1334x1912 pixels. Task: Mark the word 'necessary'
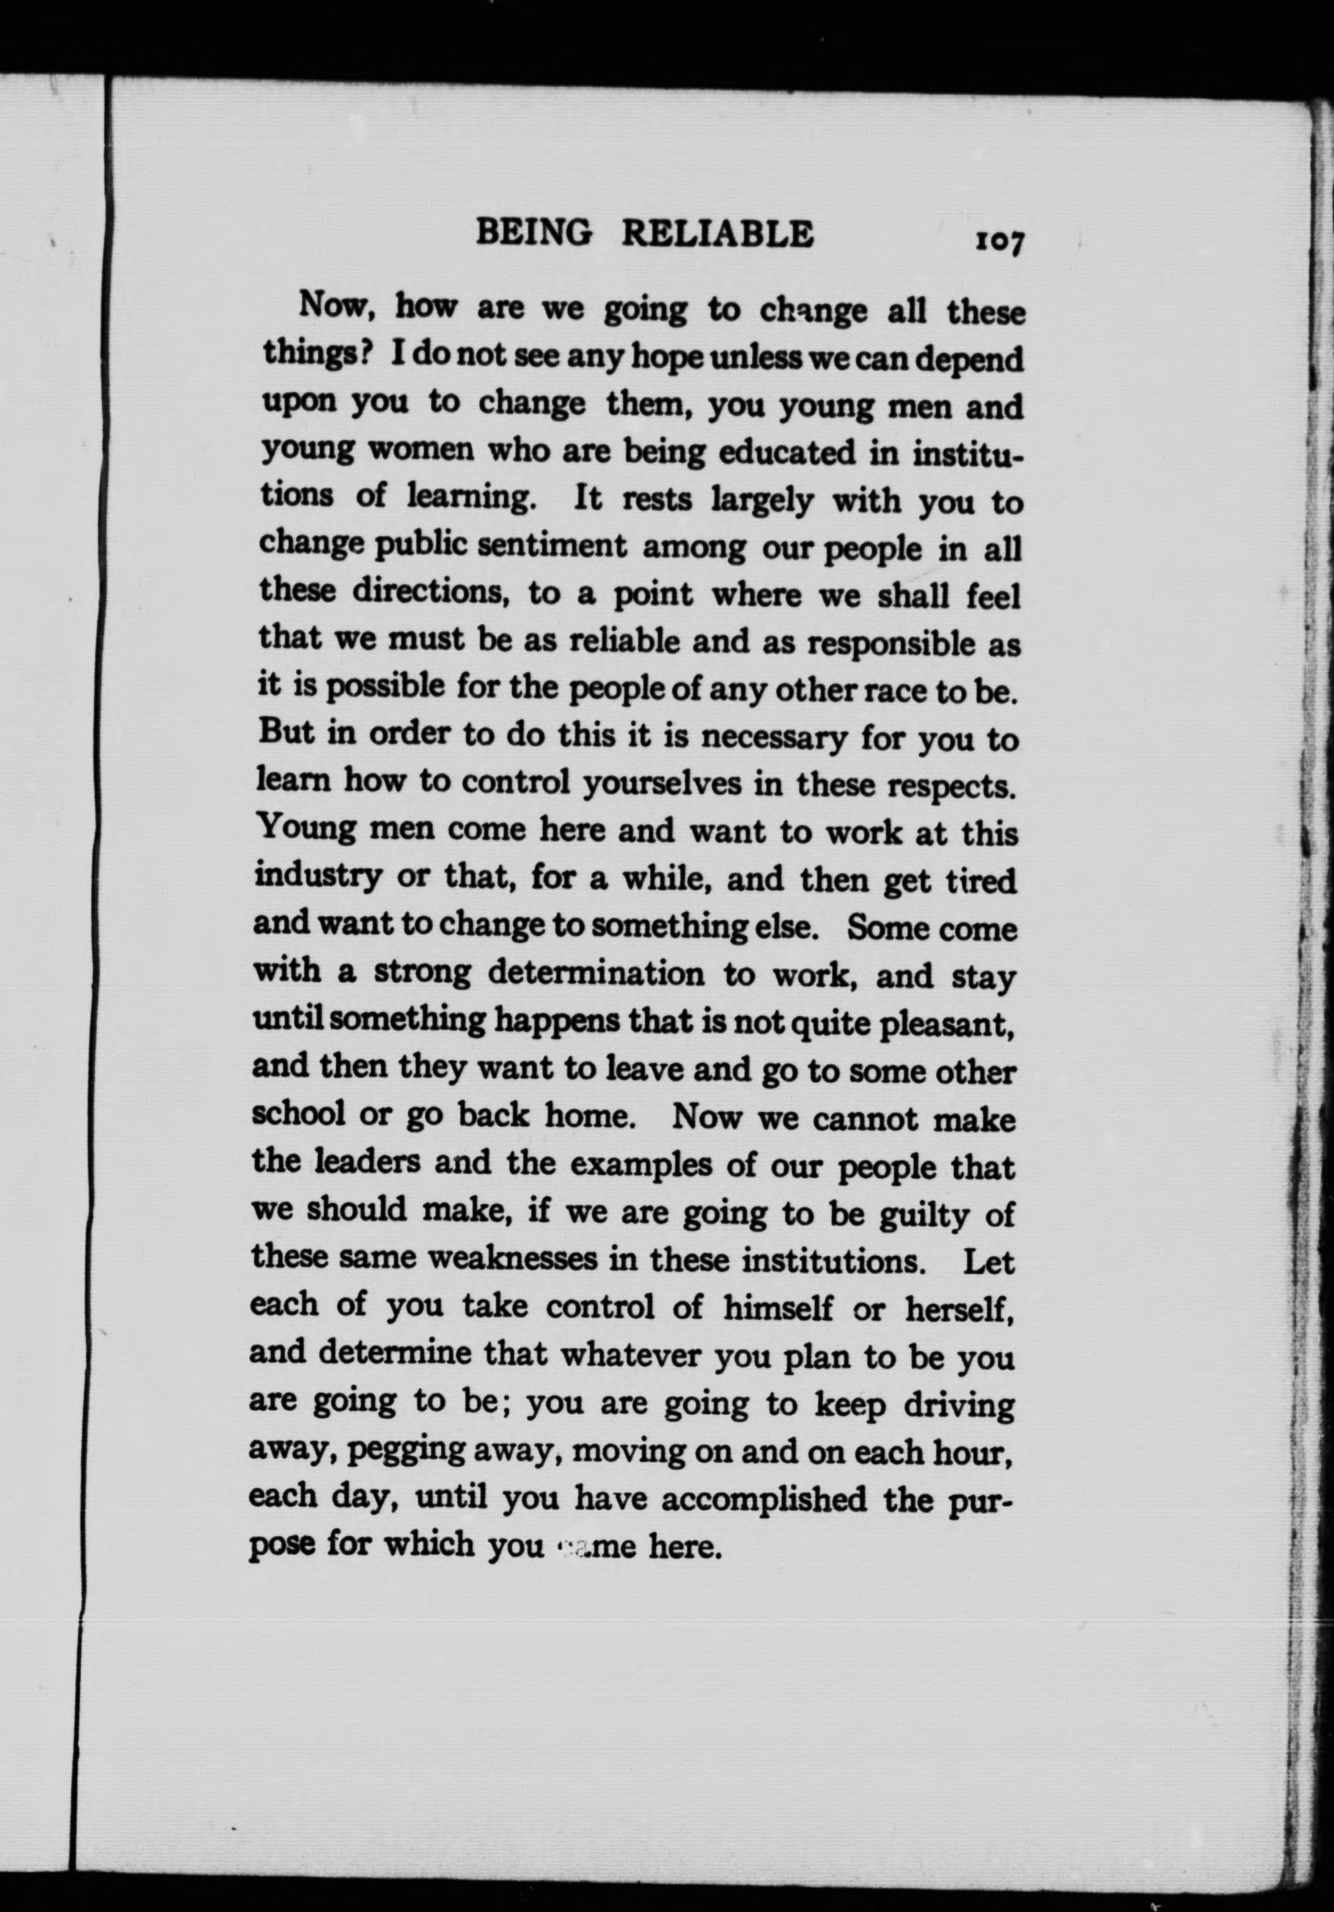click(x=761, y=738)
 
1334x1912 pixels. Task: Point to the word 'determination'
click(x=595, y=973)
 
